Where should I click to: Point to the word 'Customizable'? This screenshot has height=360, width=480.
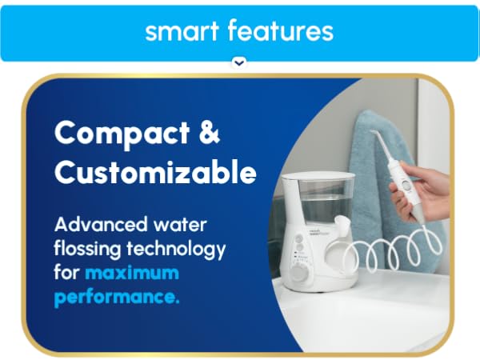click(x=154, y=171)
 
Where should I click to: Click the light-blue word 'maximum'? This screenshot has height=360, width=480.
click(x=131, y=273)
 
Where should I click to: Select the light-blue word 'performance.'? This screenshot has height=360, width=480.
click(x=117, y=298)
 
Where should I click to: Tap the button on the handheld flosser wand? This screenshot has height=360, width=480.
click(x=406, y=184)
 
